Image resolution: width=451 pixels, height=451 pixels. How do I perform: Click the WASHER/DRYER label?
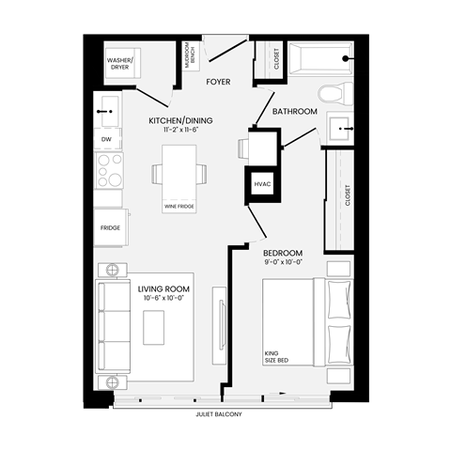coord(120,64)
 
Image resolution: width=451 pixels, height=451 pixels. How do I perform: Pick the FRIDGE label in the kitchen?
coord(110,228)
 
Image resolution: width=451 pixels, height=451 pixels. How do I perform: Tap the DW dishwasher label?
coord(106,140)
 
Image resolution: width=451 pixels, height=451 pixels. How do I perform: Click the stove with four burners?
coord(110,171)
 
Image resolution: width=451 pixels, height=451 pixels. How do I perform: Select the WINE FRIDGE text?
coord(179,207)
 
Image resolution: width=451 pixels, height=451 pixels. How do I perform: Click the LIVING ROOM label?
coord(164,288)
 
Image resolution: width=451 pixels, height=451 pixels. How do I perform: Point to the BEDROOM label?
coord(282,254)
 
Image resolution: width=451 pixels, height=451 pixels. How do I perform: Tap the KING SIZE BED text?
coord(278,357)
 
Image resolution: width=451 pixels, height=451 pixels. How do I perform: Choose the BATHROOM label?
coord(295,112)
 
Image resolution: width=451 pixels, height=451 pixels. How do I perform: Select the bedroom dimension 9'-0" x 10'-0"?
coord(282,263)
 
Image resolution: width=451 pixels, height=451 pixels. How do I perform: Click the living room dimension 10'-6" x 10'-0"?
coord(164,298)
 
